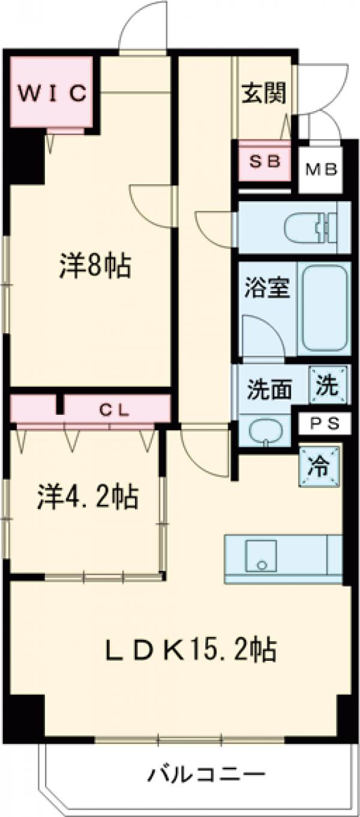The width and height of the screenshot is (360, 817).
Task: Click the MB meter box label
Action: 322,169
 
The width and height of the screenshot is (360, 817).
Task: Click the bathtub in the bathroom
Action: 325,309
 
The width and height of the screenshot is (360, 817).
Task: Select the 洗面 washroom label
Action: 270,390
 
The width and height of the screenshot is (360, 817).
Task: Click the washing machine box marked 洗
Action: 328,385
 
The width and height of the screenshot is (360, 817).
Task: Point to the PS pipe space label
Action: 325,423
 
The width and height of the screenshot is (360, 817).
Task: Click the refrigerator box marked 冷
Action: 320,465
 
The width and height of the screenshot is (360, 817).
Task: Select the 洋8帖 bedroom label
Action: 95,265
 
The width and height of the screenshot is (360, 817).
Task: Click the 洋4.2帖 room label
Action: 88,497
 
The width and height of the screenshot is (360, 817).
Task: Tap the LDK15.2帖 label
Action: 190,650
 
